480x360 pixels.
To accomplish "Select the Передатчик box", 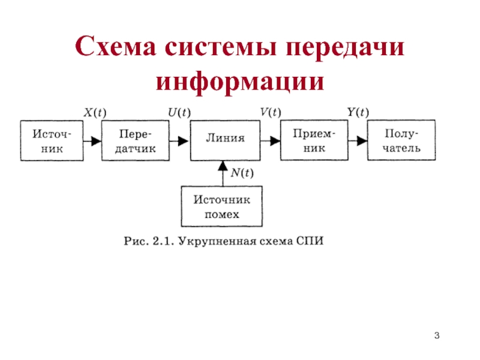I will click(x=135, y=140).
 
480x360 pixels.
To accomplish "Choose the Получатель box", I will click(x=401, y=140).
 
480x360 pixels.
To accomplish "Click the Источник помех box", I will click(x=221, y=206).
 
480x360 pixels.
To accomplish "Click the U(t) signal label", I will click(x=179, y=112).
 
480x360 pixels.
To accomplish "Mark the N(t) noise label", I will click(x=242, y=173).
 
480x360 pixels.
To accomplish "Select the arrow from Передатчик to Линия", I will click(x=179, y=141).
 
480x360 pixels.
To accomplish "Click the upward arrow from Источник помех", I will click(x=221, y=173).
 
